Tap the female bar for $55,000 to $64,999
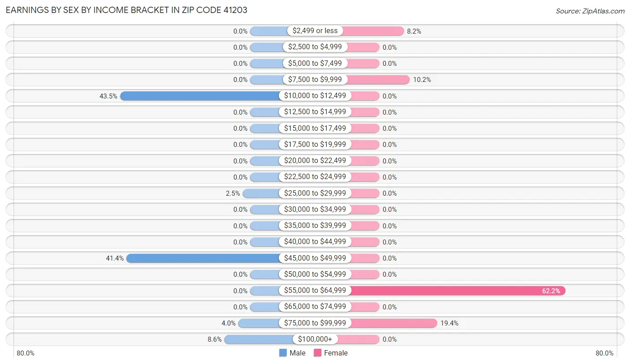[457, 291]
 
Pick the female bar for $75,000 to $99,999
[392, 323]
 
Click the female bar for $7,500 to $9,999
[378, 80]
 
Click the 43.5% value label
[108, 96]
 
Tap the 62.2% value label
[551, 291]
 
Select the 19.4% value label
[449, 323]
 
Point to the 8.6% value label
[215, 339]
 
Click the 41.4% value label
[115, 258]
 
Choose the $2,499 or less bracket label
[315, 31]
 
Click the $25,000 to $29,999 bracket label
[315, 193]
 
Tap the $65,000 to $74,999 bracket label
[315, 307]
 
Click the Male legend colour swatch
[283, 353]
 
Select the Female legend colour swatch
[318, 353]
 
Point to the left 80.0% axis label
[26, 353]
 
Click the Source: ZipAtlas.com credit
[590, 11]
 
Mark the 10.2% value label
[422, 80]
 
